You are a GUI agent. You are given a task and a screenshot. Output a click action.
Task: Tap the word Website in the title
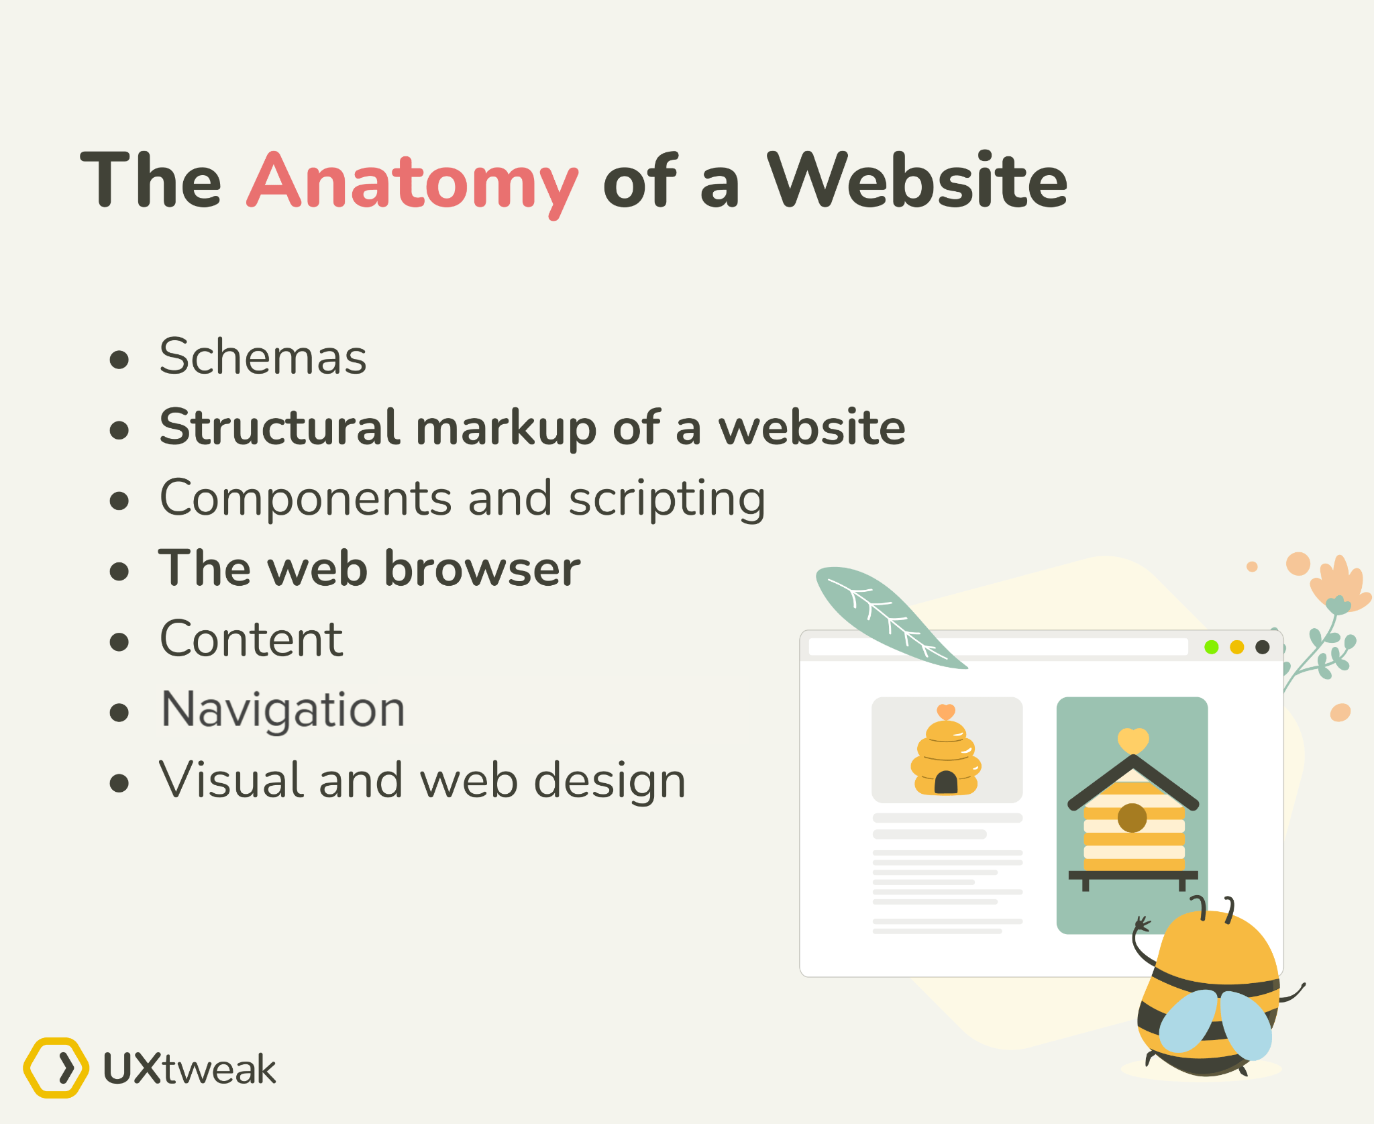click(x=916, y=180)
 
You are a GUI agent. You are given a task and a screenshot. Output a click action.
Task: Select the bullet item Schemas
click(x=263, y=356)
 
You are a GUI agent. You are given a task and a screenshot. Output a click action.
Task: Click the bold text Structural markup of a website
click(x=532, y=427)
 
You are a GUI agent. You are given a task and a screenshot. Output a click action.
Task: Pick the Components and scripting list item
click(x=462, y=499)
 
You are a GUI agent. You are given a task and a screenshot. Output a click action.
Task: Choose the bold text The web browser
click(x=369, y=569)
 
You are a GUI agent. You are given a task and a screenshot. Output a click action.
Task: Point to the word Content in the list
click(x=252, y=640)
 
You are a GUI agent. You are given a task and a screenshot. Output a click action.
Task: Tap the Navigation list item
click(x=283, y=710)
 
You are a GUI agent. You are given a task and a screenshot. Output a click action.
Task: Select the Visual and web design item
click(x=423, y=781)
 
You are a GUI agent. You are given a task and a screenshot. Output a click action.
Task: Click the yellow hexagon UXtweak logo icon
click(x=56, y=1068)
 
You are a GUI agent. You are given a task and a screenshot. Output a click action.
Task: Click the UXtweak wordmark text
click(x=190, y=1069)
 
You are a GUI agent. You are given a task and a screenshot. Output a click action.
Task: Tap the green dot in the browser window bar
click(x=1211, y=647)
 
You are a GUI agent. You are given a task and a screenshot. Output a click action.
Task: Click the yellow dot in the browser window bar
click(x=1236, y=647)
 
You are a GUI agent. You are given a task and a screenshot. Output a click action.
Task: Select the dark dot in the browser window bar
click(x=1262, y=647)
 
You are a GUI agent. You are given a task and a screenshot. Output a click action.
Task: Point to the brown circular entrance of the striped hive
click(x=1132, y=817)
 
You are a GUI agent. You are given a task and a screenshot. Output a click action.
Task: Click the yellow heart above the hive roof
click(x=1133, y=740)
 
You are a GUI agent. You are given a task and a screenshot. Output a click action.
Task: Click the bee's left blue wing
click(x=1187, y=1020)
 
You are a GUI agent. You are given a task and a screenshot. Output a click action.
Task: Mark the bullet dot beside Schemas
click(x=119, y=360)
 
